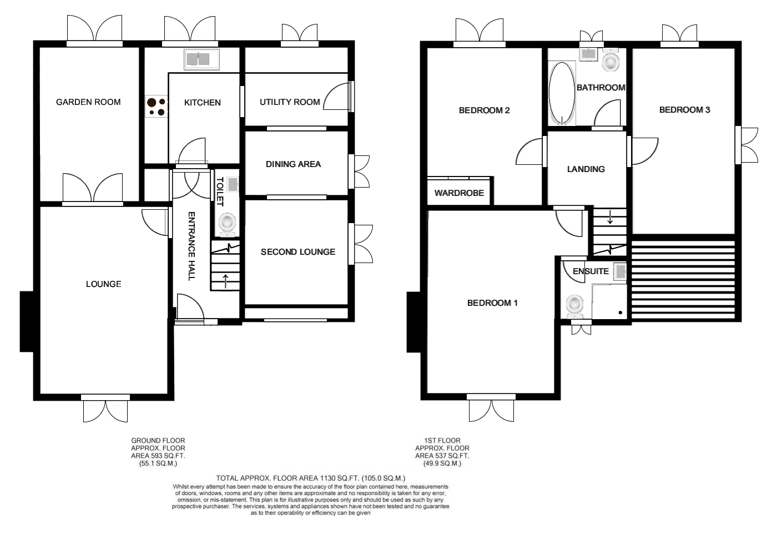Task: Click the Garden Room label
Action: [88, 102]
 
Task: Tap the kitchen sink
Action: [201, 59]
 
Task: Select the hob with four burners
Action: [157, 107]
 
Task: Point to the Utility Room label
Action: [290, 102]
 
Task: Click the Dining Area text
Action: [293, 164]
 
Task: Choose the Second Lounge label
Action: [298, 252]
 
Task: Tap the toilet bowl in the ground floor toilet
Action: [227, 224]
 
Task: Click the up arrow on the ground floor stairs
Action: [225, 281]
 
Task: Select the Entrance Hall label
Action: [191, 246]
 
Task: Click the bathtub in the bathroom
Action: [562, 93]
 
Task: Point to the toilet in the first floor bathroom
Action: [610, 60]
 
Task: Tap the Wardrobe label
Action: [459, 193]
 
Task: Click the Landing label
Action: [586, 169]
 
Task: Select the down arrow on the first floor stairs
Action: [610, 217]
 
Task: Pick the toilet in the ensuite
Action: [574, 306]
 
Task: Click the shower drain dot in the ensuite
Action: [620, 312]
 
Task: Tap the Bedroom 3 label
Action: [684, 110]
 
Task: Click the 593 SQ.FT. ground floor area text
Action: [158, 456]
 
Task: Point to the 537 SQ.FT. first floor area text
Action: [442, 456]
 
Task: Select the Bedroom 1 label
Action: [492, 303]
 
